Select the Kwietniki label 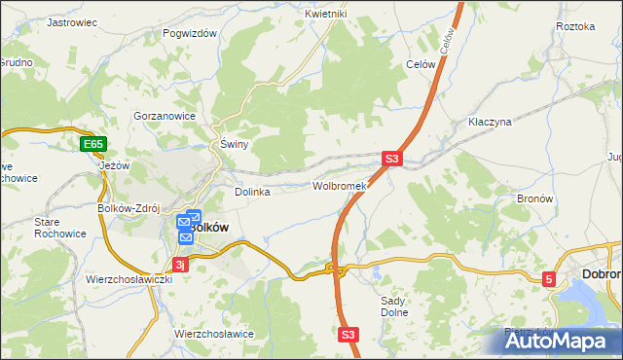tap(326, 14)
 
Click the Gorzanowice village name tap(165, 115)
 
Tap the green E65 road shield tap(92, 145)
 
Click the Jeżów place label tap(115, 165)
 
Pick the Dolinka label tap(252, 192)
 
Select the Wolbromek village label tap(339, 186)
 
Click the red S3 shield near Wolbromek tap(391, 158)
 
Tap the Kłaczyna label tap(490, 123)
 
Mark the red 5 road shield tap(549, 280)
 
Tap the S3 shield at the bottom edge tap(349, 334)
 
